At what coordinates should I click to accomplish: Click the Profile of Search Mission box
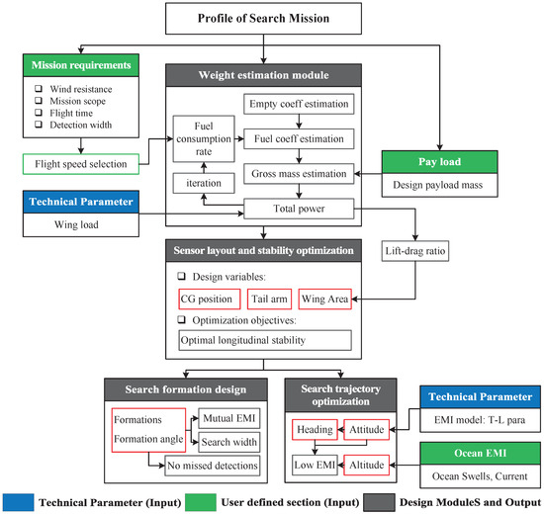point(263,19)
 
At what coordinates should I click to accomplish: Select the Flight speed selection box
point(81,164)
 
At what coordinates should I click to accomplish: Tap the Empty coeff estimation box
point(299,104)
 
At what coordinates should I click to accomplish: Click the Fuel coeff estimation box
point(299,138)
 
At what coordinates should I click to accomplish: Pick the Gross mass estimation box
point(299,173)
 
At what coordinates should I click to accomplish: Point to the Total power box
point(299,209)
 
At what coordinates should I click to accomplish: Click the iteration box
point(204,183)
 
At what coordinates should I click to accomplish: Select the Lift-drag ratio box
point(415,251)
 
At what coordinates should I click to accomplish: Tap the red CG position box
point(210,299)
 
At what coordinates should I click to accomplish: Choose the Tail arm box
point(269,299)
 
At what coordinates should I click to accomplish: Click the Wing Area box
point(324,299)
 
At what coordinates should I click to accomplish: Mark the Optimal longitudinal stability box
point(265,340)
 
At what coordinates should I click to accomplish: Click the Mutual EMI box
point(229,418)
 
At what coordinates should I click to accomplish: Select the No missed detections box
point(212,466)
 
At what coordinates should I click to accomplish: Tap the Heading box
point(315,430)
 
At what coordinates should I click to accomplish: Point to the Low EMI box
point(315,466)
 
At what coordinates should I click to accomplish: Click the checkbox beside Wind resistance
point(39,89)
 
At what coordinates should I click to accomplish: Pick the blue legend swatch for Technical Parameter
point(19,502)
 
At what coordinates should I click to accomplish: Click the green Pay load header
point(439,162)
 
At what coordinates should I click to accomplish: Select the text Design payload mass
point(437,185)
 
